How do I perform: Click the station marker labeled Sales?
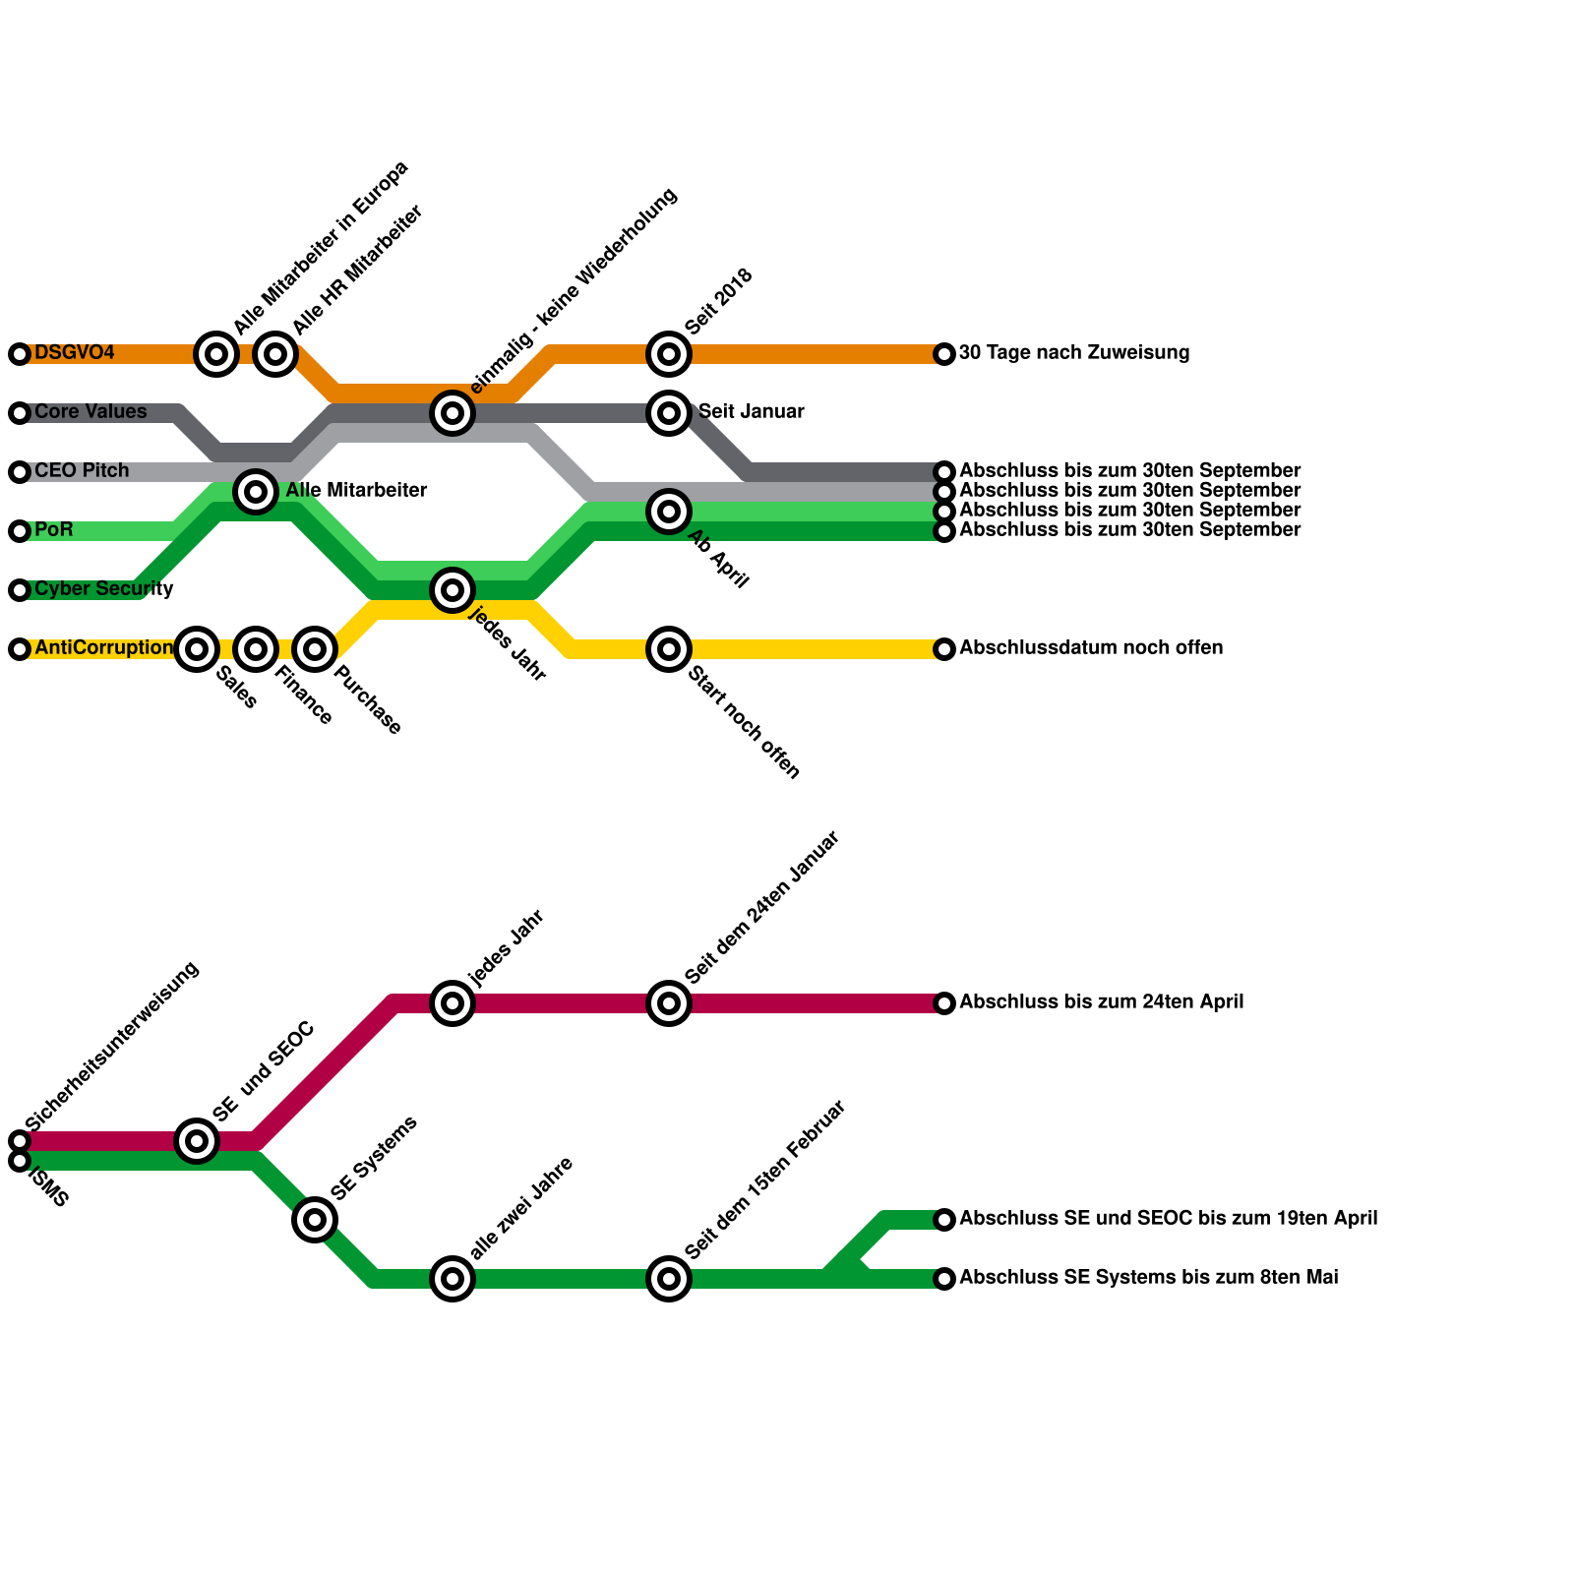coord(197,649)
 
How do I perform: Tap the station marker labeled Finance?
coord(256,649)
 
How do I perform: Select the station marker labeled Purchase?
coord(315,649)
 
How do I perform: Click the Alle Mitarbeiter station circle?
coord(256,491)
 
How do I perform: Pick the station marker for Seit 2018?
coord(669,353)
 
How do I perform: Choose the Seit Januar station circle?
coord(669,413)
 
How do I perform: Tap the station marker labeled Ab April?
coord(669,512)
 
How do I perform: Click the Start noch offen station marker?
coord(669,649)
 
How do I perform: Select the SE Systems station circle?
coord(315,1220)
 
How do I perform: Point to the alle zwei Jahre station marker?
coord(453,1279)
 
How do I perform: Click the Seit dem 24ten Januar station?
coord(669,1003)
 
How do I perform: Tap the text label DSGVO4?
coord(75,353)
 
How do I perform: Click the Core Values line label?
coord(91,412)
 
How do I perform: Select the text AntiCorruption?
coord(103,648)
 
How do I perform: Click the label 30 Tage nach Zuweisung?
coord(1074,353)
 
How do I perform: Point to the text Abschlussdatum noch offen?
coord(1091,648)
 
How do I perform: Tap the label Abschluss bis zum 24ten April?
coord(1101,1002)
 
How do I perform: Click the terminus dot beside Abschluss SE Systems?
coord(944,1279)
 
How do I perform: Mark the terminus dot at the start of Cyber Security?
coord(20,590)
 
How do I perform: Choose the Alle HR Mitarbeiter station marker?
coord(275,353)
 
